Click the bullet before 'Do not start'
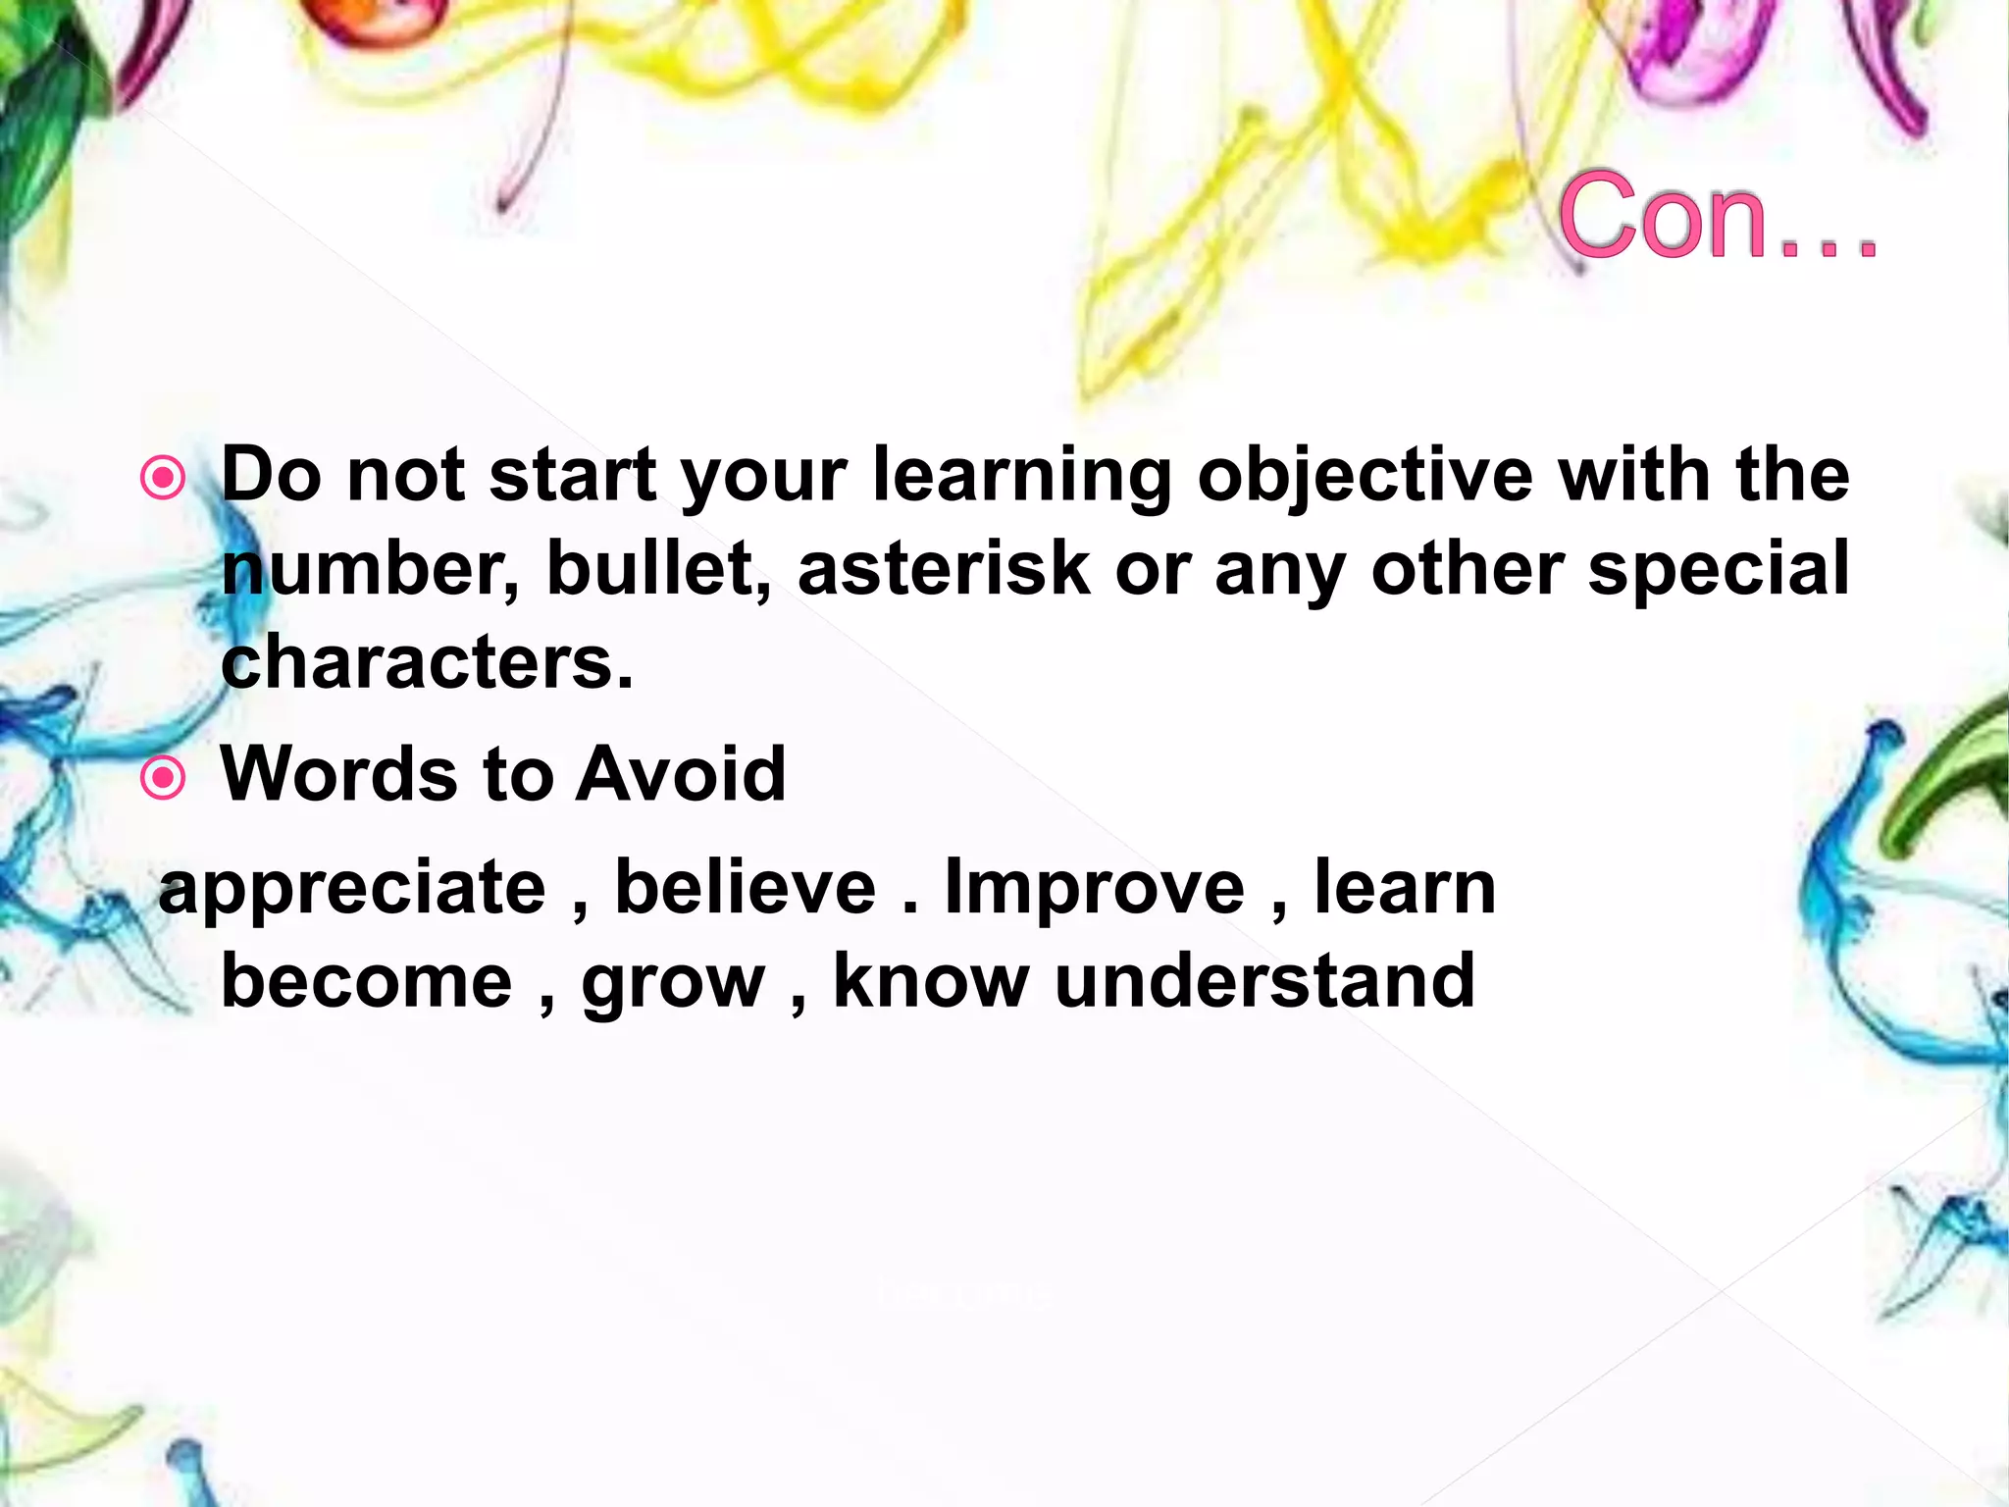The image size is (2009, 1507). pos(163,479)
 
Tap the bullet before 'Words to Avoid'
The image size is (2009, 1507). pos(163,778)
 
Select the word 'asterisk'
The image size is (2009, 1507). pos(944,569)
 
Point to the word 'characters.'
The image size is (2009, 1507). pos(428,663)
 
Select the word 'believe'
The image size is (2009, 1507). pos(745,888)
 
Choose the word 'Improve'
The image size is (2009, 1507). pos(1094,888)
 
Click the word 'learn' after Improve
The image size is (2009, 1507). pos(1405,888)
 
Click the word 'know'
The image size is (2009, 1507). pos(931,981)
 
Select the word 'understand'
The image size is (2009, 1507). pos(1264,981)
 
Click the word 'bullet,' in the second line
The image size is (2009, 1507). pos(658,569)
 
